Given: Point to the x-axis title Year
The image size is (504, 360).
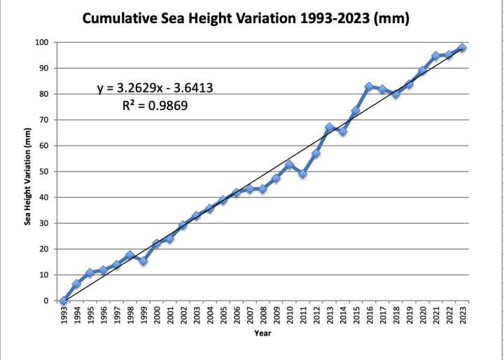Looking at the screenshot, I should tap(262, 333).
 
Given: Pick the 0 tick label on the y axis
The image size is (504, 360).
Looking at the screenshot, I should tap(45, 300).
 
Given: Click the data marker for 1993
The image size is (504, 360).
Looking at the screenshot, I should tap(64, 300).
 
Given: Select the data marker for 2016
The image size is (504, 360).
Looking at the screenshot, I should tap(370, 87).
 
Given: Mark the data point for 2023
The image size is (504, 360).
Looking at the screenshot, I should tap(463, 48).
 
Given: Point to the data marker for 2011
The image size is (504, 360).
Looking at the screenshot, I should tap(303, 174).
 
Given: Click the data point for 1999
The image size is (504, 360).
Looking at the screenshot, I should tap(143, 261).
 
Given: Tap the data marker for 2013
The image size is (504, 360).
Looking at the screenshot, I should tap(330, 127).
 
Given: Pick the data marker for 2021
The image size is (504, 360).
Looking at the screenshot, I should tap(436, 56).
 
